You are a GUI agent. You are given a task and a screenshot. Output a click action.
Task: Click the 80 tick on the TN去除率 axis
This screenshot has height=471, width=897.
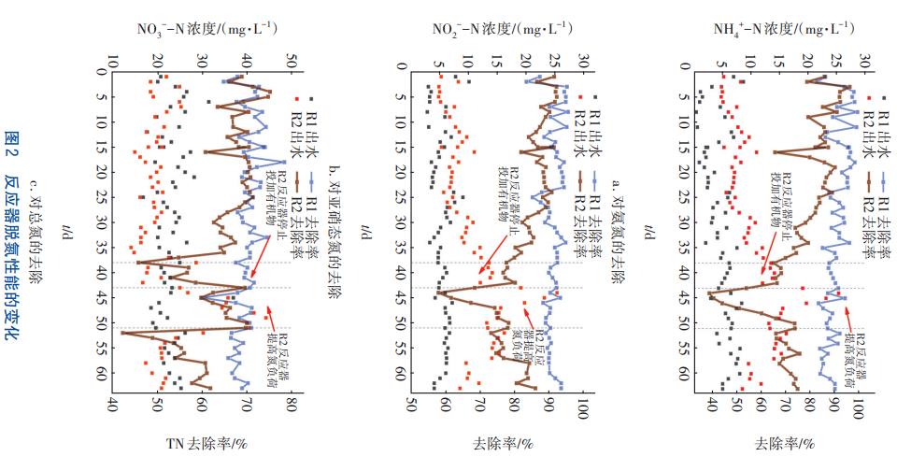(291, 407)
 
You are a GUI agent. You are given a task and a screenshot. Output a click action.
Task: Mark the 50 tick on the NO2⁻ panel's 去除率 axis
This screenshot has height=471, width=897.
(412, 407)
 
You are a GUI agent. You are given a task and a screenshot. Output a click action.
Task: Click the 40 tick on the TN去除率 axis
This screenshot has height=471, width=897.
(113, 407)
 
